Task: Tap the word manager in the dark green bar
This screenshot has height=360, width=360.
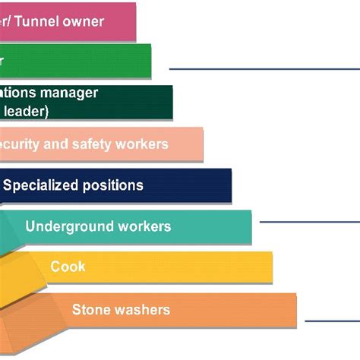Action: pos(71,93)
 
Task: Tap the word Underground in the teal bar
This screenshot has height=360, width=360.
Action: pos(63,226)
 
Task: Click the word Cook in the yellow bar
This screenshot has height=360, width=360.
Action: pos(68,267)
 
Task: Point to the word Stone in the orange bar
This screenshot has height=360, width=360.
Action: pos(90,309)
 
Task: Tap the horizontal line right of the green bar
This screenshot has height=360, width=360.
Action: pos(262,68)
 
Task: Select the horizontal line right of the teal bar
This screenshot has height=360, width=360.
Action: pos(308,222)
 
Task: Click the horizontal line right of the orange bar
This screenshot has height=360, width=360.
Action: pos(331,321)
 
